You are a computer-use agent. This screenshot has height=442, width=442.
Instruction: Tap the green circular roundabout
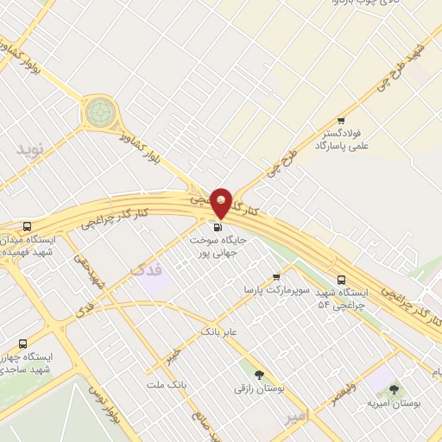click(x=99, y=112)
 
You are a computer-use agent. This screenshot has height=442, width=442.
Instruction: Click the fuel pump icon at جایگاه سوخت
click(x=216, y=228)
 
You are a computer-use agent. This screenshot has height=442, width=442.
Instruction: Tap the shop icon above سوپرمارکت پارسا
click(x=276, y=277)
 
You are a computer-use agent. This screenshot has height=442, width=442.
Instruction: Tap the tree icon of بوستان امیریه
click(x=394, y=389)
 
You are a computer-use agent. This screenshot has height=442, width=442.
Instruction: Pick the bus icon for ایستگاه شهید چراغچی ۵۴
click(x=342, y=280)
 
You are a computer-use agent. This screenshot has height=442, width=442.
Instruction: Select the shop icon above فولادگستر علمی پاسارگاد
click(x=342, y=120)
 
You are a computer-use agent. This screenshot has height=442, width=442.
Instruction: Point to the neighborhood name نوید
click(x=28, y=148)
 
